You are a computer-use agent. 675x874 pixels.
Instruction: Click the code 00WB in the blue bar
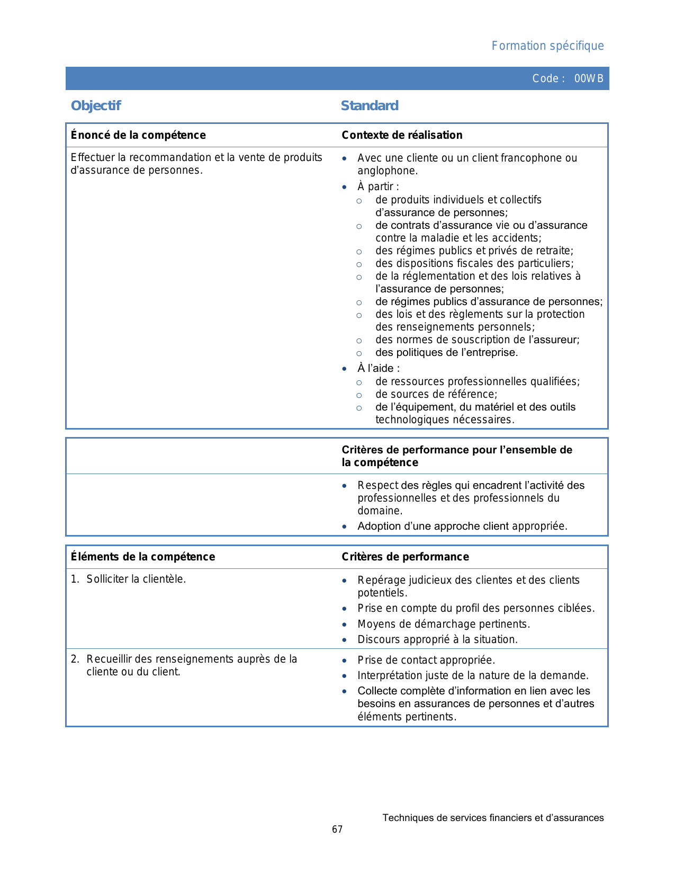(589, 79)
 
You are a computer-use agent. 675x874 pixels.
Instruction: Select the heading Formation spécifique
(547, 46)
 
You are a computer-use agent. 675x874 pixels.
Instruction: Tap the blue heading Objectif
(96, 106)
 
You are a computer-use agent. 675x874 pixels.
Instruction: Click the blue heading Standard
(370, 106)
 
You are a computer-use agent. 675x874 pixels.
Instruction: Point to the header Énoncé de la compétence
(138, 135)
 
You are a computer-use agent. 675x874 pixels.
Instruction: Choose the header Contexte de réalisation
(402, 135)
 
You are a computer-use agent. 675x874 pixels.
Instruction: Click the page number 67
(337, 830)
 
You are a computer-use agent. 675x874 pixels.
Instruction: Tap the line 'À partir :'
(378, 186)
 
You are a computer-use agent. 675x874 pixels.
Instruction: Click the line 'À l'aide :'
(379, 368)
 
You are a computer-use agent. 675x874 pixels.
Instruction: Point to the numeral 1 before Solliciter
(74, 579)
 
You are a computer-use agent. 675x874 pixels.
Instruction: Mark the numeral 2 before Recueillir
(74, 659)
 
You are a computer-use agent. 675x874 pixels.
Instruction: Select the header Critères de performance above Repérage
(405, 557)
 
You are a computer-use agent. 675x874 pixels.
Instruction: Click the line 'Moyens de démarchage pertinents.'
(444, 624)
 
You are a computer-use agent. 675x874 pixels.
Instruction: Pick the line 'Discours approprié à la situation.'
(437, 639)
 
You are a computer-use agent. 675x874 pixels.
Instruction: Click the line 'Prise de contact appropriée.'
(426, 660)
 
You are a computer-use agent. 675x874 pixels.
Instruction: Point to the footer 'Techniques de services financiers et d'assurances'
(493, 818)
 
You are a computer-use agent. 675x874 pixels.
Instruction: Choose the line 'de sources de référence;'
(436, 394)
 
